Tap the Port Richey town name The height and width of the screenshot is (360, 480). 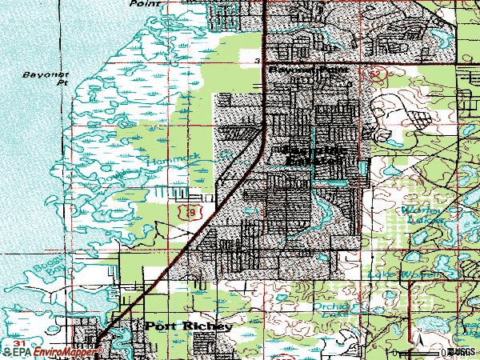[x=190, y=326]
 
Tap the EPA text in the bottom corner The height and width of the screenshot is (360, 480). [x=20, y=350]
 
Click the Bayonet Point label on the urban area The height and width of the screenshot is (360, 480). [x=307, y=71]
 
